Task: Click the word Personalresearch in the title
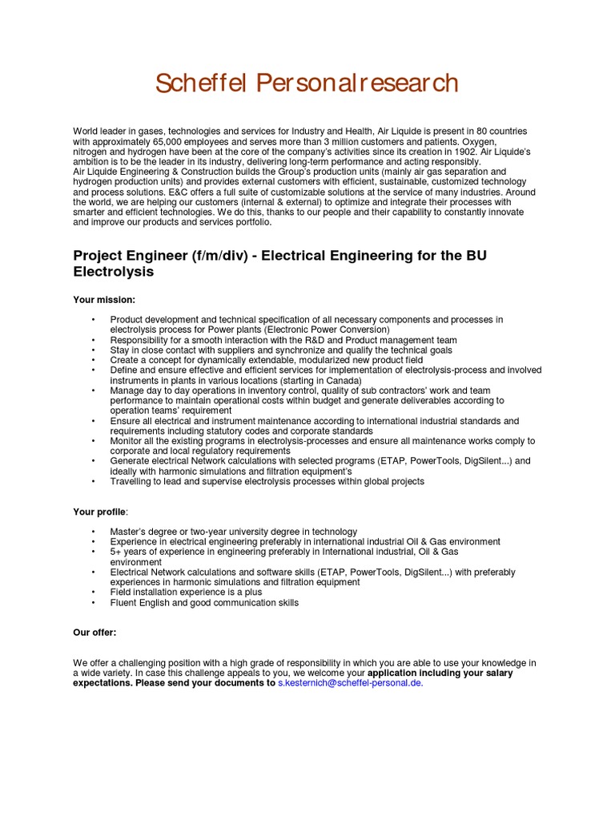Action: point(356,83)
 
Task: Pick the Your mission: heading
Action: point(104,300)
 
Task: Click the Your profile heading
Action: point(100,512)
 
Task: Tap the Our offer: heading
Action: point(94,633)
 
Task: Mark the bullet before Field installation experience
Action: point(93,592)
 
